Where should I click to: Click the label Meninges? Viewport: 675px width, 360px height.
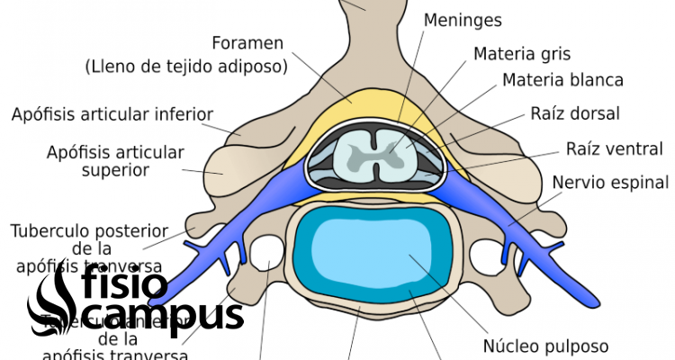coord(463,20)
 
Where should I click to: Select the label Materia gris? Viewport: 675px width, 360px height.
coord(522,54)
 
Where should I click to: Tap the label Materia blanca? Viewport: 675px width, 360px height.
coord(562,80)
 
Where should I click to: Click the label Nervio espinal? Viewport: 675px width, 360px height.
coord(610,183)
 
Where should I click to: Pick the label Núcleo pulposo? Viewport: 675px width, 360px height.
coord(545,346)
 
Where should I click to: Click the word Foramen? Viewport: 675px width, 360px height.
coord(247,42)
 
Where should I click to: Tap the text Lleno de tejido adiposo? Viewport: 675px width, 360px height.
coord(186,66)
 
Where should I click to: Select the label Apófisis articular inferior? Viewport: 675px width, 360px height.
coord(112,114)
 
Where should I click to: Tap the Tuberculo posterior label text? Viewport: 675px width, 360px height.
coord(85,230)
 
